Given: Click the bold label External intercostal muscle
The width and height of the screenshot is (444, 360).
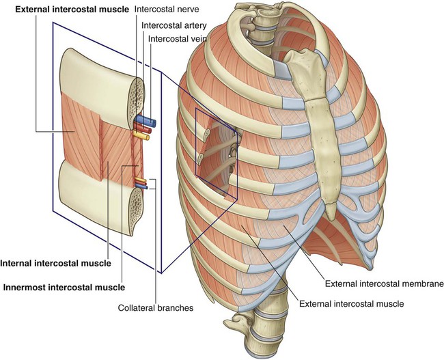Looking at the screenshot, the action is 72,10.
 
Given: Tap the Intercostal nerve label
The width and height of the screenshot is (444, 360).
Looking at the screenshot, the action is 167,10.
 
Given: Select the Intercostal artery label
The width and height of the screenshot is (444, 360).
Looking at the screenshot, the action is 174,25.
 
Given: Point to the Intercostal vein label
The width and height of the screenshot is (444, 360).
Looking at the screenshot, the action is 178,38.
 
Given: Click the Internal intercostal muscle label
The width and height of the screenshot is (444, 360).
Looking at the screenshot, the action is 56,263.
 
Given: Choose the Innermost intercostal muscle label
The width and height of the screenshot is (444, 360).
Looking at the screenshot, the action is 64,287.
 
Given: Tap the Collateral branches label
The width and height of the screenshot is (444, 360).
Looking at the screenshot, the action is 156,307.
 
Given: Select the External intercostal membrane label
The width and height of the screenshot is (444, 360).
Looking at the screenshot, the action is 385,283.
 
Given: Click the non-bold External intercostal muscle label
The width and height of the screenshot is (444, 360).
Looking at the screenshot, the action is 351,304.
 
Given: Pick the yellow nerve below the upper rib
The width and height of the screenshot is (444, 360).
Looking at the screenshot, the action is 141,136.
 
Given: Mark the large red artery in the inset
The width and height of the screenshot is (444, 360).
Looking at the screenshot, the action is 143,128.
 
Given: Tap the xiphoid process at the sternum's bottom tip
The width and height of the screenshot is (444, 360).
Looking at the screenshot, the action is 331,210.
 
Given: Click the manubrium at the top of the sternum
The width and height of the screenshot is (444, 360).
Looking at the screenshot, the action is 305,71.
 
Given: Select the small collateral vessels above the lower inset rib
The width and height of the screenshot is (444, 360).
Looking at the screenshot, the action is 141,183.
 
